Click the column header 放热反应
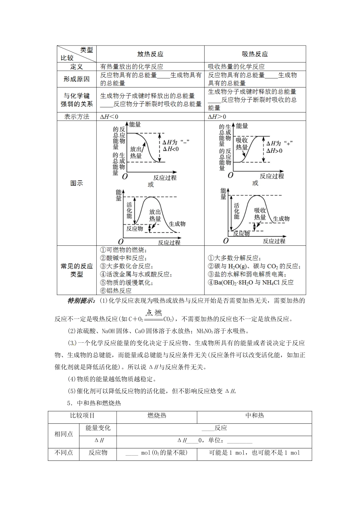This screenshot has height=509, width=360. click(x=150, y=54)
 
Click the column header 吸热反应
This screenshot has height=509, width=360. click(x=255, y=54)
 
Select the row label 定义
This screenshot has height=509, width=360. click(x=77, y=67)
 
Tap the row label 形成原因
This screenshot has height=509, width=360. click(x=77, y=79)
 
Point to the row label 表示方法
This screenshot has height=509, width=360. click(x=77, y=117)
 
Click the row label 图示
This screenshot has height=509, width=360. click(x=77, y=183)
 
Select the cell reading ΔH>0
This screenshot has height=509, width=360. click(x=217, y=117)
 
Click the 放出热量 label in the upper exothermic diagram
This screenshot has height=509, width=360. click(x=136, y=152)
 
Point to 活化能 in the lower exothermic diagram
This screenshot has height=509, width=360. click(x=129, y=209)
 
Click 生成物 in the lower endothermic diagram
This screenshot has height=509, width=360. click(x=281, y=219)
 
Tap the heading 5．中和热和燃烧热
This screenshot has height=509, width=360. click(x=94, y=403)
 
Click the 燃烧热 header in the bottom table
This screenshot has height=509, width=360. click(x=157, y=415)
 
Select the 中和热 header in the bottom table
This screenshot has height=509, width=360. click(x=254, y=415)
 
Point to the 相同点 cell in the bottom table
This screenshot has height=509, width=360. click(x=64, y=434)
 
